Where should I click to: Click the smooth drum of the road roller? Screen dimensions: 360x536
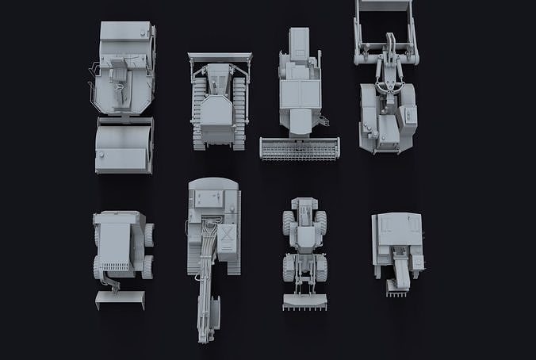[x=124, y=147]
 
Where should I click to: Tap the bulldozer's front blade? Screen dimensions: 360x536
[x=220, y=57]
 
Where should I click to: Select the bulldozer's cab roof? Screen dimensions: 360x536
[x=216, y=111]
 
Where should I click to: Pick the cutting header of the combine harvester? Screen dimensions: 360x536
[x=300, y=148]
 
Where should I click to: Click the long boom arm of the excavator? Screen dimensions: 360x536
[x=208, y=270]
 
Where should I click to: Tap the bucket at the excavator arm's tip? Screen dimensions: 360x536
[x=205, y=331]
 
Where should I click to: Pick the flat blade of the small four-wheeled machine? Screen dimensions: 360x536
[x=120, y=298]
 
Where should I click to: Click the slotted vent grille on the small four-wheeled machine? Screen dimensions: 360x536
[x=116, y=266]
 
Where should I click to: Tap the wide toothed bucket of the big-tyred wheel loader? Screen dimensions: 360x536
[x=304, y=301]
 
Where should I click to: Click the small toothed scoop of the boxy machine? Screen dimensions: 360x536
[x=397, y=287]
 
